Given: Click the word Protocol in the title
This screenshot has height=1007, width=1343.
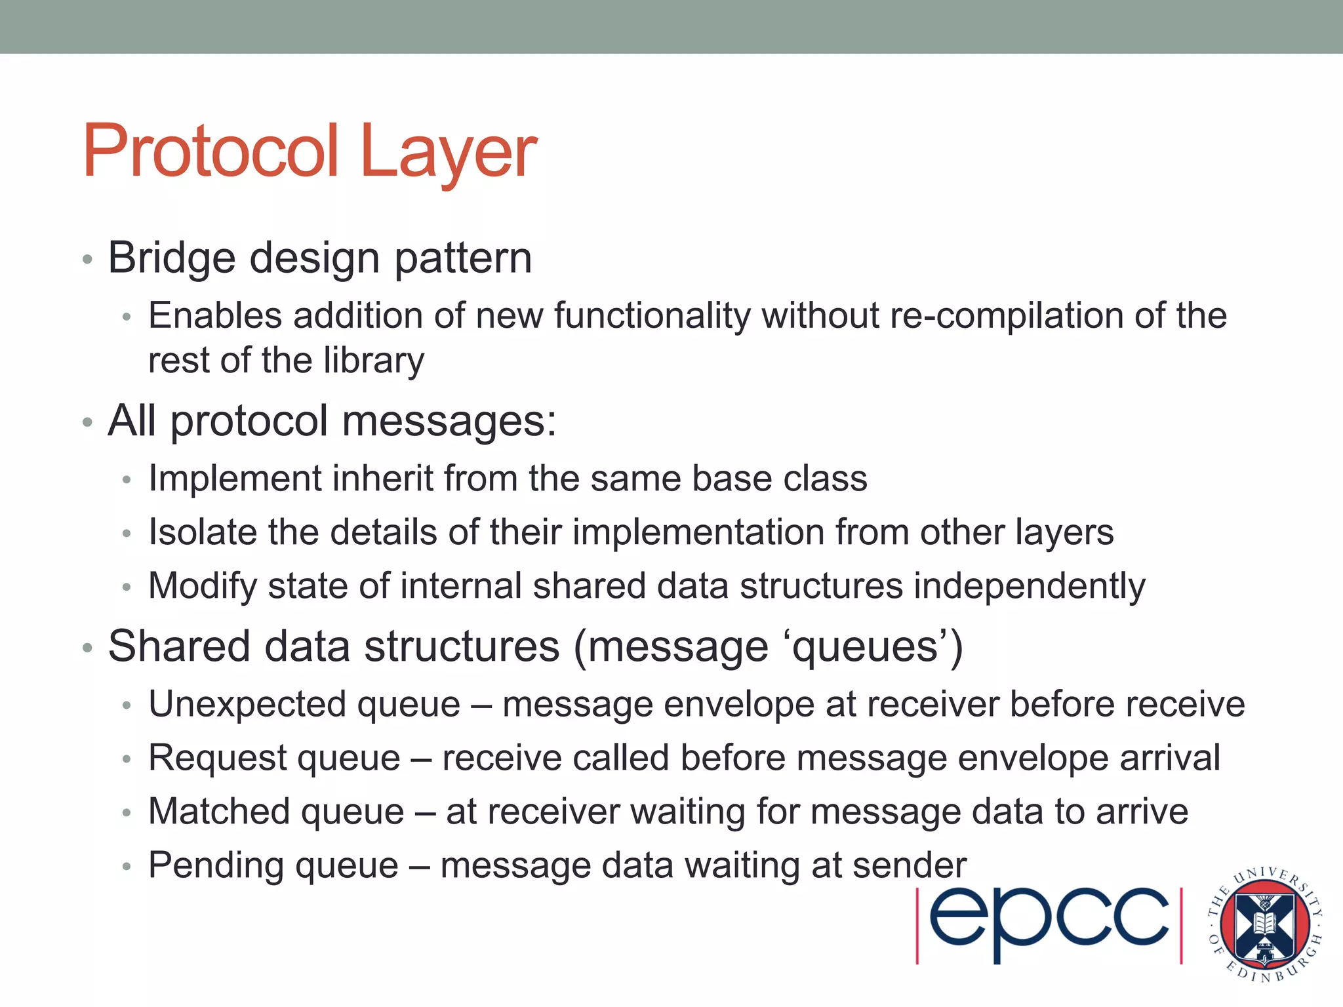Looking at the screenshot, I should (211, 152).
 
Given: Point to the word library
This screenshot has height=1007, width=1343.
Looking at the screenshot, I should (374, 361).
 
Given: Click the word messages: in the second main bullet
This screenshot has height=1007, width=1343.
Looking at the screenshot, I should (449, 420).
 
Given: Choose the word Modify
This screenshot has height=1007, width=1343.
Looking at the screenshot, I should (203, 586).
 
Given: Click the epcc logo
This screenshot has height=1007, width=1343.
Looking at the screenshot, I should (1049, 925).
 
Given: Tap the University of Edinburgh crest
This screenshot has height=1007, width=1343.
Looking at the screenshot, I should (1265, 924).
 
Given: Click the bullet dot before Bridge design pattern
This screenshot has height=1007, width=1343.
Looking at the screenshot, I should (87, 260).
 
